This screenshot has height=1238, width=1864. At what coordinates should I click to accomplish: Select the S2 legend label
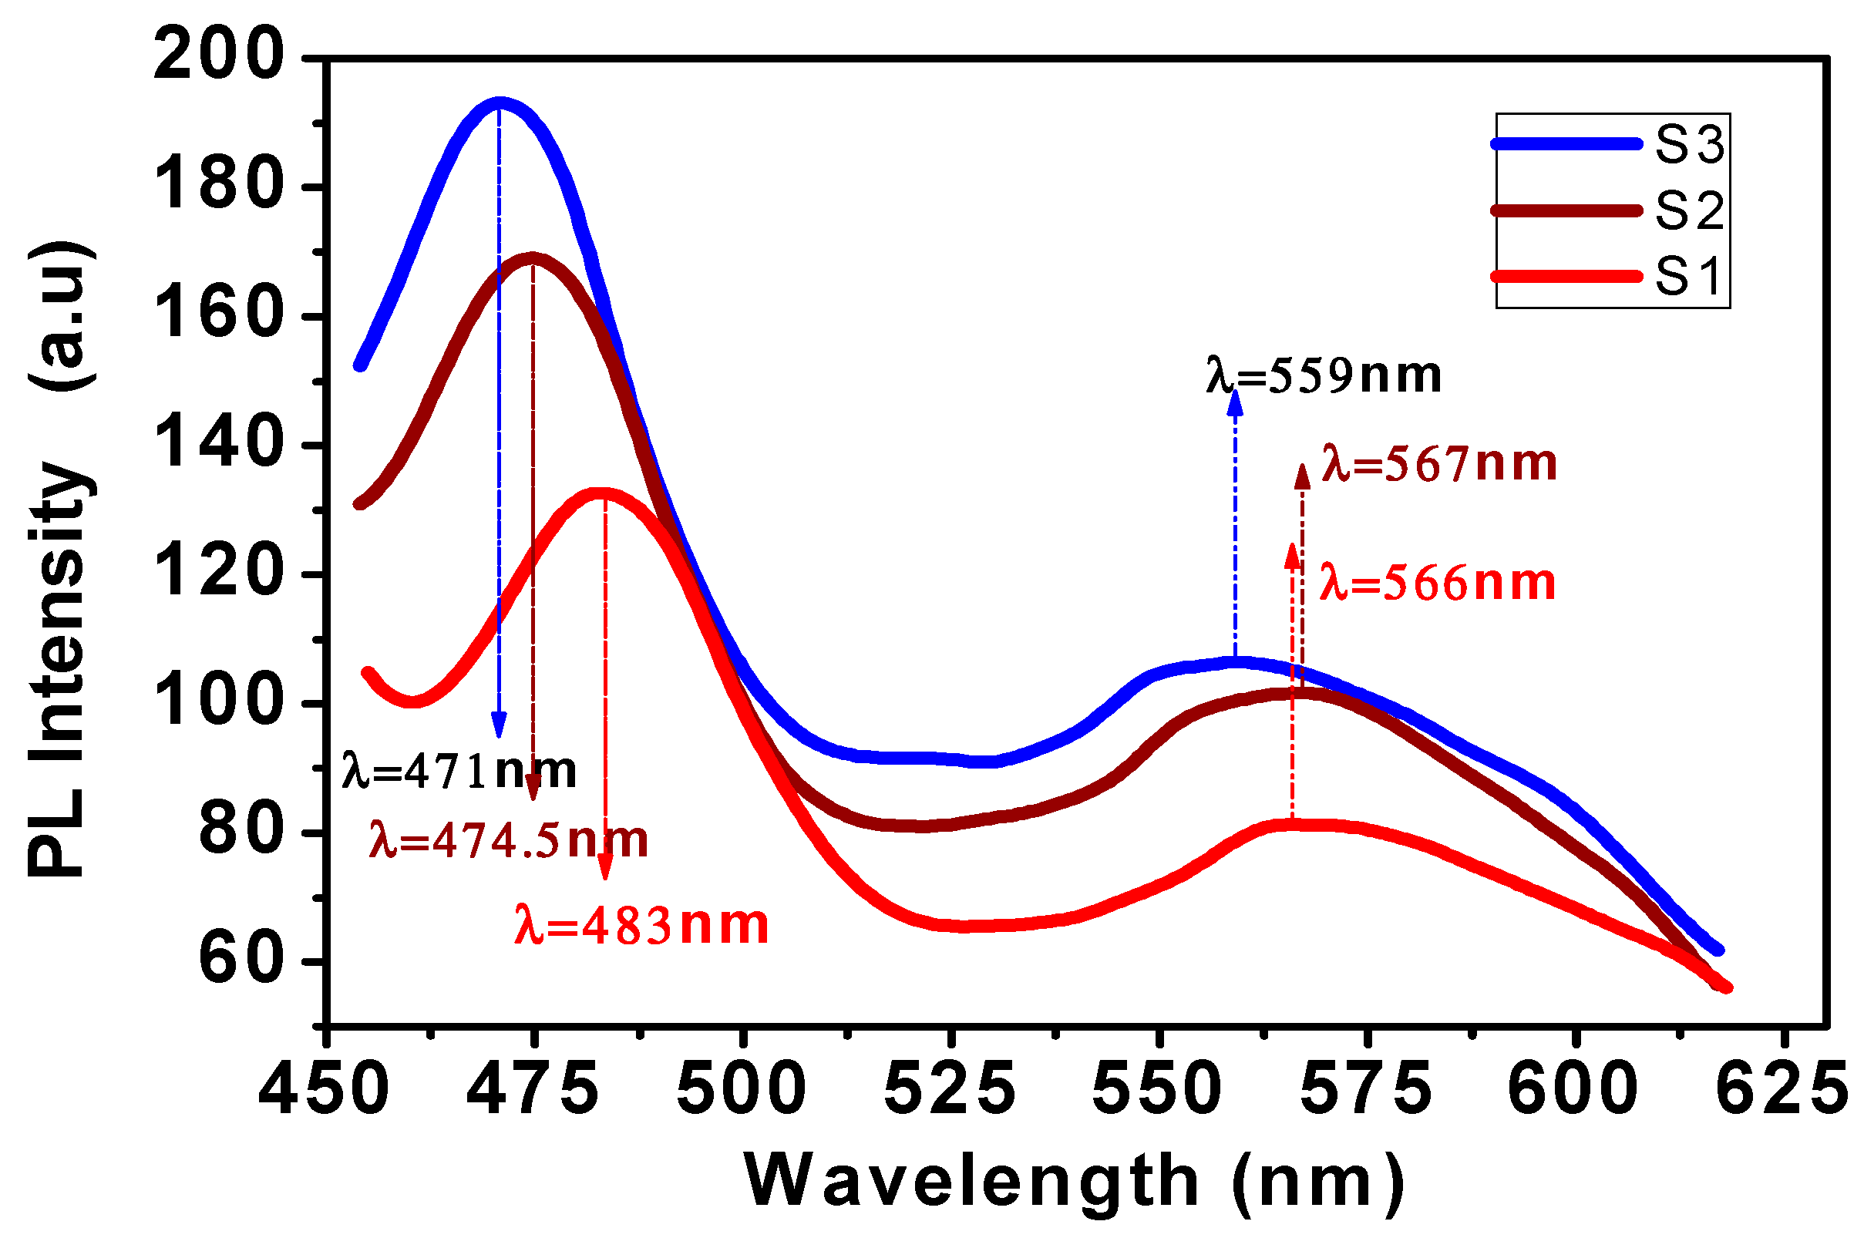coord(1689,210)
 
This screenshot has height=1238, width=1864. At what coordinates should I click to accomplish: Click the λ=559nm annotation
coord(1323,375)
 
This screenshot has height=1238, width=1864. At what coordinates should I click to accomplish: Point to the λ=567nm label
coord(1438,463)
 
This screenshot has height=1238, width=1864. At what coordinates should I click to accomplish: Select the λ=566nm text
coord(1438,584)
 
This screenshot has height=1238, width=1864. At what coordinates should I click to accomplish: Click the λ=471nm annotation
coord(459,771)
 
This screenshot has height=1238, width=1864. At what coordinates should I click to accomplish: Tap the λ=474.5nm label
coord(509,840)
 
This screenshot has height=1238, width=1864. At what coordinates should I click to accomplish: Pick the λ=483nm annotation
coord(641,925)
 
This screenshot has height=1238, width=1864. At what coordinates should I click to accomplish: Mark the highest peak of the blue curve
coord(499,103)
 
